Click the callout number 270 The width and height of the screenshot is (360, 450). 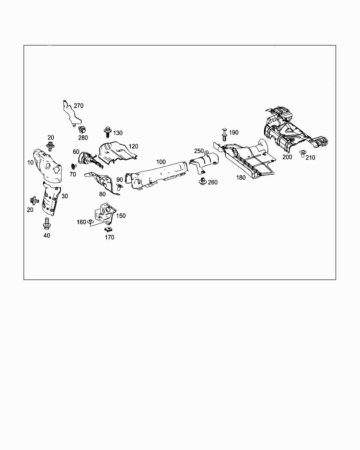(78, 105)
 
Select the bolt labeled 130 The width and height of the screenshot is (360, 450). (108, 133)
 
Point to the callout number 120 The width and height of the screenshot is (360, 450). (133, 146)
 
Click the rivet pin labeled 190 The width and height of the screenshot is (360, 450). (224, 134)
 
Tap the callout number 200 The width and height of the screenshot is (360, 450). (287, 157)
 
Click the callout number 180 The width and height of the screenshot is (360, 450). (241, 178)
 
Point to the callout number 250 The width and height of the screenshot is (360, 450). (199, 151)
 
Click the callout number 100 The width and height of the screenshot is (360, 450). (161, 162)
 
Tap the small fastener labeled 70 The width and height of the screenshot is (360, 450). (73, 166)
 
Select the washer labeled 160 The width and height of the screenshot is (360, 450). (91, 221)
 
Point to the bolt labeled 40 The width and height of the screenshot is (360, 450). (46, 223)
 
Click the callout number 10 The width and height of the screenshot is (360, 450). (30, 162)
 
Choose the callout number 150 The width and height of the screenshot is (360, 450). (121, 216)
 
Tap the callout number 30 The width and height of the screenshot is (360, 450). (64, 196)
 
